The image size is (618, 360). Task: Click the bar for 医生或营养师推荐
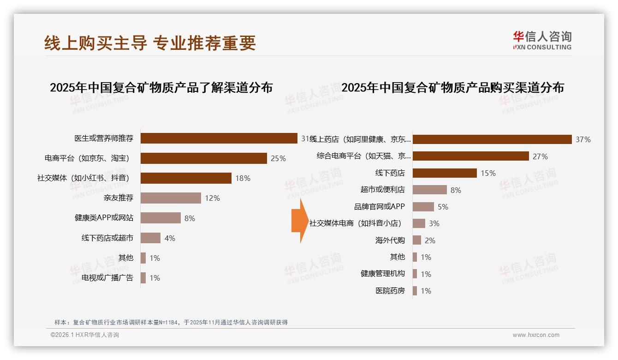219,138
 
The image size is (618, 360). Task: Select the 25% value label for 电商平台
278,158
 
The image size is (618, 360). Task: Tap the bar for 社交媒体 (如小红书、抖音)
186,178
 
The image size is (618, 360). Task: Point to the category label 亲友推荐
119,198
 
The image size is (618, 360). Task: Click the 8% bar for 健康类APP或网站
160,218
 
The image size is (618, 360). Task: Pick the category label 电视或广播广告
107,278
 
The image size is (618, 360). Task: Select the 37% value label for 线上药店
583,139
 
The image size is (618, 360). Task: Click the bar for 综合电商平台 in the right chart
470,156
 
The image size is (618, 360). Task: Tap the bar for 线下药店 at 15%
445,173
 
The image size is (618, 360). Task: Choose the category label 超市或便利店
382,190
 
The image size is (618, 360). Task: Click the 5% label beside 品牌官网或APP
443,207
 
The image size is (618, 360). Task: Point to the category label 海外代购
390,240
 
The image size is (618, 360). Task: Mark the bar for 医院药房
415,291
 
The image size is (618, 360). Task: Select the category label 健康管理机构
382,274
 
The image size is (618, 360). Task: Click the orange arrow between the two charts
299,221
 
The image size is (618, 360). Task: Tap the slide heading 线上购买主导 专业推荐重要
150,43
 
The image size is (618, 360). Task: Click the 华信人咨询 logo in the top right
542,40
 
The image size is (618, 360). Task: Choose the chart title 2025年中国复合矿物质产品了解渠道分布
161,88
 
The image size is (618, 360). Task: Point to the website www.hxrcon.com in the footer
536,335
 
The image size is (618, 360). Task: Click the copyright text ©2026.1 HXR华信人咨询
84,335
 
